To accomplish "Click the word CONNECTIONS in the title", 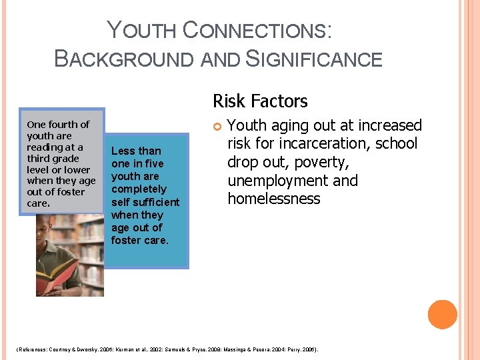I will tap(257, 31).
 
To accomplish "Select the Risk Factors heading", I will tap(260, 101).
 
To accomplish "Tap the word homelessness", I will tap(273, 199).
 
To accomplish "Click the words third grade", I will tap(53, 159).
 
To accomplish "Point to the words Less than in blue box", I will tap(136, 151).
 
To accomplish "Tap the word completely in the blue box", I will tap(139, 189).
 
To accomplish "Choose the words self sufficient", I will tap(145, 202).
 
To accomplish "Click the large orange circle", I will tap(442, 315).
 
